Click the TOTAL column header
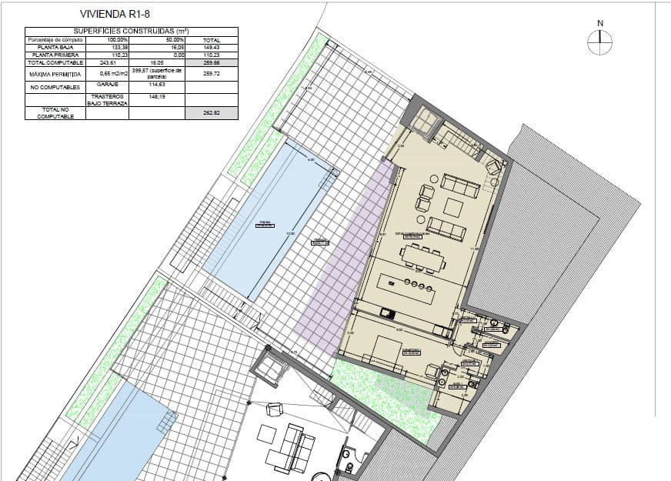[x=212, y=39]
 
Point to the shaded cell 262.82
[x=212, y=112]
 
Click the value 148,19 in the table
[x=157, y=98]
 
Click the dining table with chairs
[x=422, y=259]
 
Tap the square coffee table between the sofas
[x=453, y=207]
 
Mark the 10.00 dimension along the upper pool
[x=290, y=234]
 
